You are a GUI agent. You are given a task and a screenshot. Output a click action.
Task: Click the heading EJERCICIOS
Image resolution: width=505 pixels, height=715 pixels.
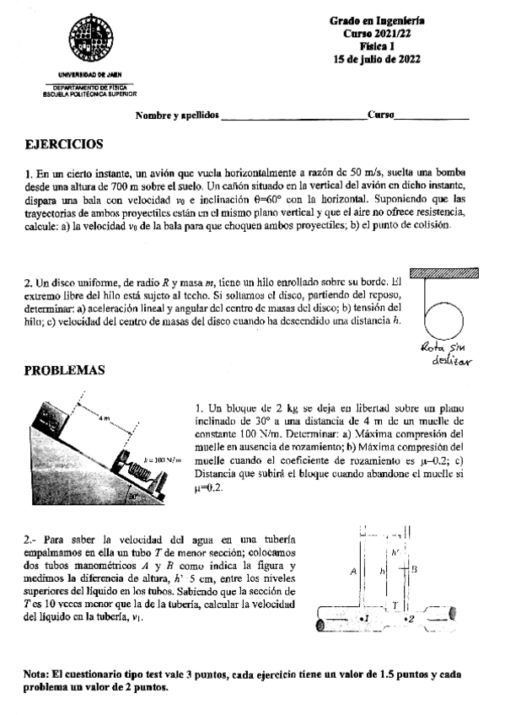click(x=64, y=144)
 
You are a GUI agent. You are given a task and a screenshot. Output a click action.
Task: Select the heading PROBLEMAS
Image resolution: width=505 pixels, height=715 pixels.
click(x=64, y=369)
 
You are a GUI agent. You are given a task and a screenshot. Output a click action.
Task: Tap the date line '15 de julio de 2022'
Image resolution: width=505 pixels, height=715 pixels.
click(x=377, y=59)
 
